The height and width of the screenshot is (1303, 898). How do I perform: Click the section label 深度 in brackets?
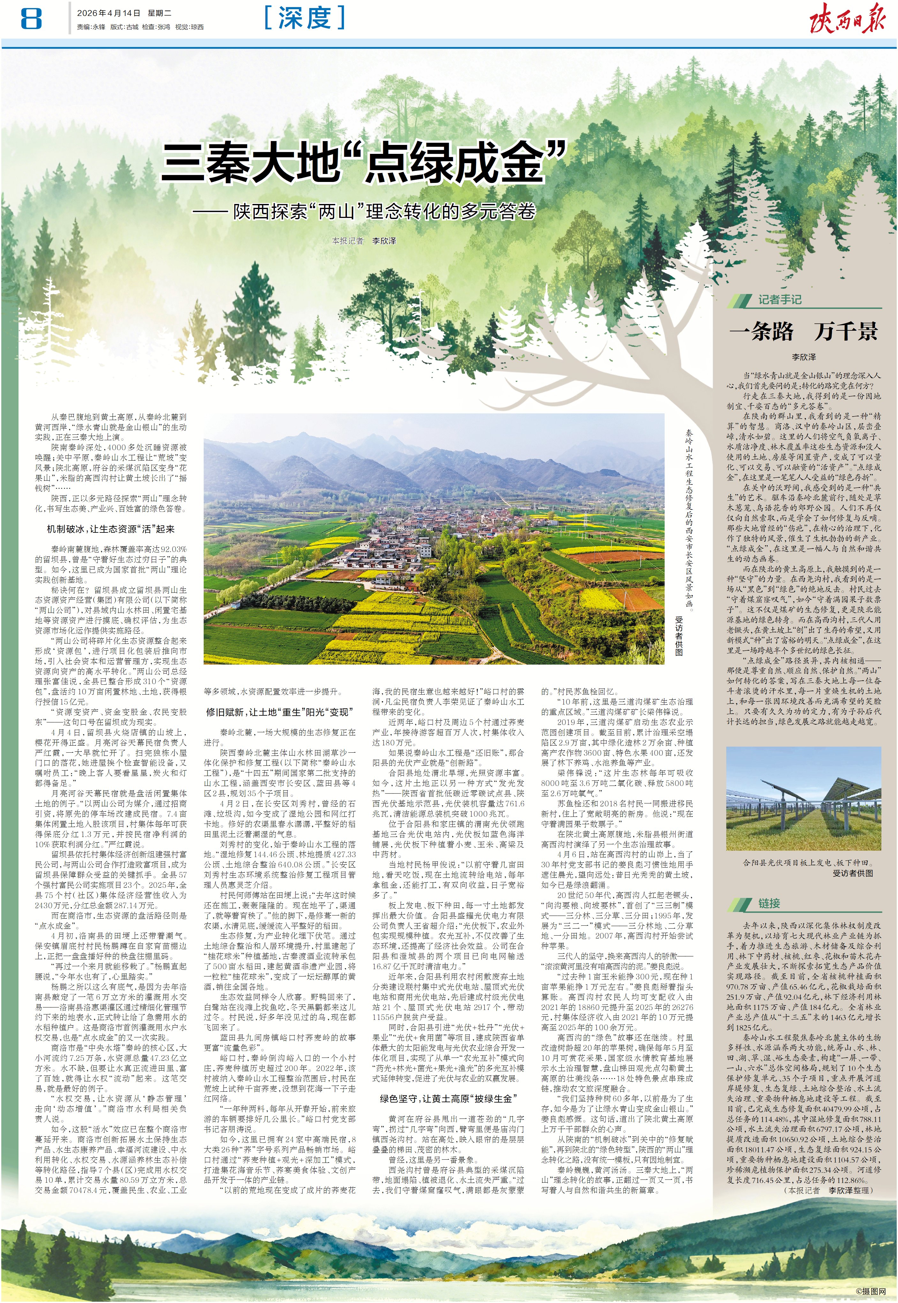coord(305,18)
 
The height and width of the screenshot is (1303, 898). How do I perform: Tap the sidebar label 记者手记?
coord(779,299)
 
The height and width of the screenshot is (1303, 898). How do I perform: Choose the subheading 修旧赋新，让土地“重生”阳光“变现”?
coord(280,712)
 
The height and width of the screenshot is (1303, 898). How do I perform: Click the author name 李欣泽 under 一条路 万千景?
coord(804,357)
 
